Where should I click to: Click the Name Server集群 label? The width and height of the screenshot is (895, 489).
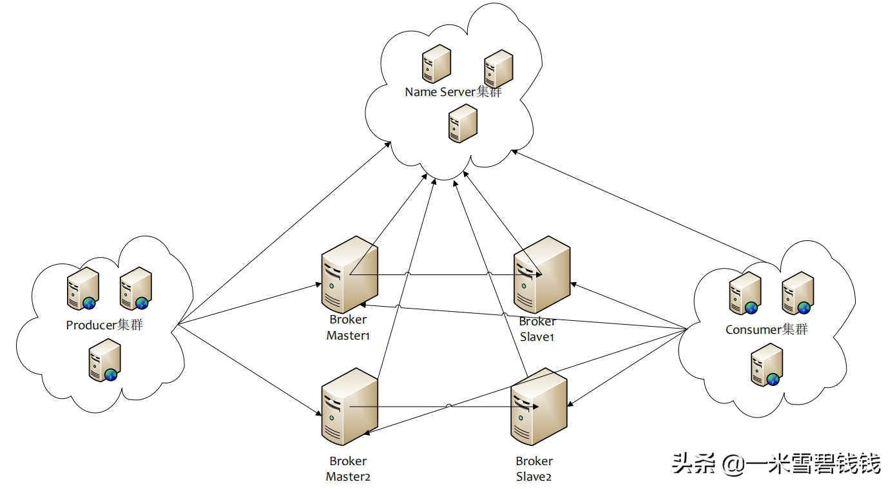453,92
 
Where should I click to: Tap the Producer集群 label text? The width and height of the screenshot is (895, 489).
104,325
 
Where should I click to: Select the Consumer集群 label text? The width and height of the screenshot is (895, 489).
766,330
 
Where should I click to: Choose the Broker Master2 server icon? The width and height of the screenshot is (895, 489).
349,407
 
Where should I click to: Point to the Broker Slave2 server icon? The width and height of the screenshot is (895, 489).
539,407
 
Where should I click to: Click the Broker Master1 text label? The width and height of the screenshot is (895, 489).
348,327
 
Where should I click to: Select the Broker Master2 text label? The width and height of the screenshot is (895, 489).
348,469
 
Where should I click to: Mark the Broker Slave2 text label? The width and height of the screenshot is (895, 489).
534,469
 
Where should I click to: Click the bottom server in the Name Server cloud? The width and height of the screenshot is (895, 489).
463,123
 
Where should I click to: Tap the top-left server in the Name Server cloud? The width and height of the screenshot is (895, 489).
436,64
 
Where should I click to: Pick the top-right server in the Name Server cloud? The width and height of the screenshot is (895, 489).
498,69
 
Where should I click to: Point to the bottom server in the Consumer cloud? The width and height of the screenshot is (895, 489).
767,365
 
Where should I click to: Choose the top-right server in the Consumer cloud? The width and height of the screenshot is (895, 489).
797,293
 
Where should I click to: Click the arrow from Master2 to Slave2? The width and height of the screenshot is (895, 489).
445,407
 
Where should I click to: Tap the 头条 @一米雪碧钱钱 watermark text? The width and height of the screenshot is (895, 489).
776,463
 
